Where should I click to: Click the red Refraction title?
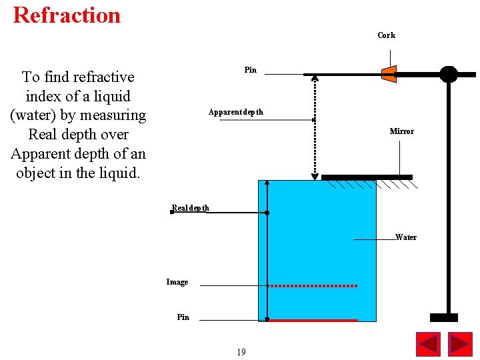tap(67, 15)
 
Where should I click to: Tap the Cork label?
tap(386, 35)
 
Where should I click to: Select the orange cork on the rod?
tap(389, 74)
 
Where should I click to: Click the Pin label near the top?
tap(250, 70)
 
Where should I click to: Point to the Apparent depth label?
tap(235, 112)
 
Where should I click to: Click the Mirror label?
tap(401, 131)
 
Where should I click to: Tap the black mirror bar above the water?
tap(367, 177)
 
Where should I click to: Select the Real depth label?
tap(191, 208)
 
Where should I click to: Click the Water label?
tap(405, 237)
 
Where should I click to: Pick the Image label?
tap(177, 282)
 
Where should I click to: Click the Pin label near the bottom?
tap(183, 317)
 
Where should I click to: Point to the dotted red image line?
tap(313, 285)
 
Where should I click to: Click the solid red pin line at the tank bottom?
tap(313, 321)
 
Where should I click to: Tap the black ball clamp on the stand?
tap(449, 74)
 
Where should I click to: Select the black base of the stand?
tap(443, 317)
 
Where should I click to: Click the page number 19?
tap(241, 352)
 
